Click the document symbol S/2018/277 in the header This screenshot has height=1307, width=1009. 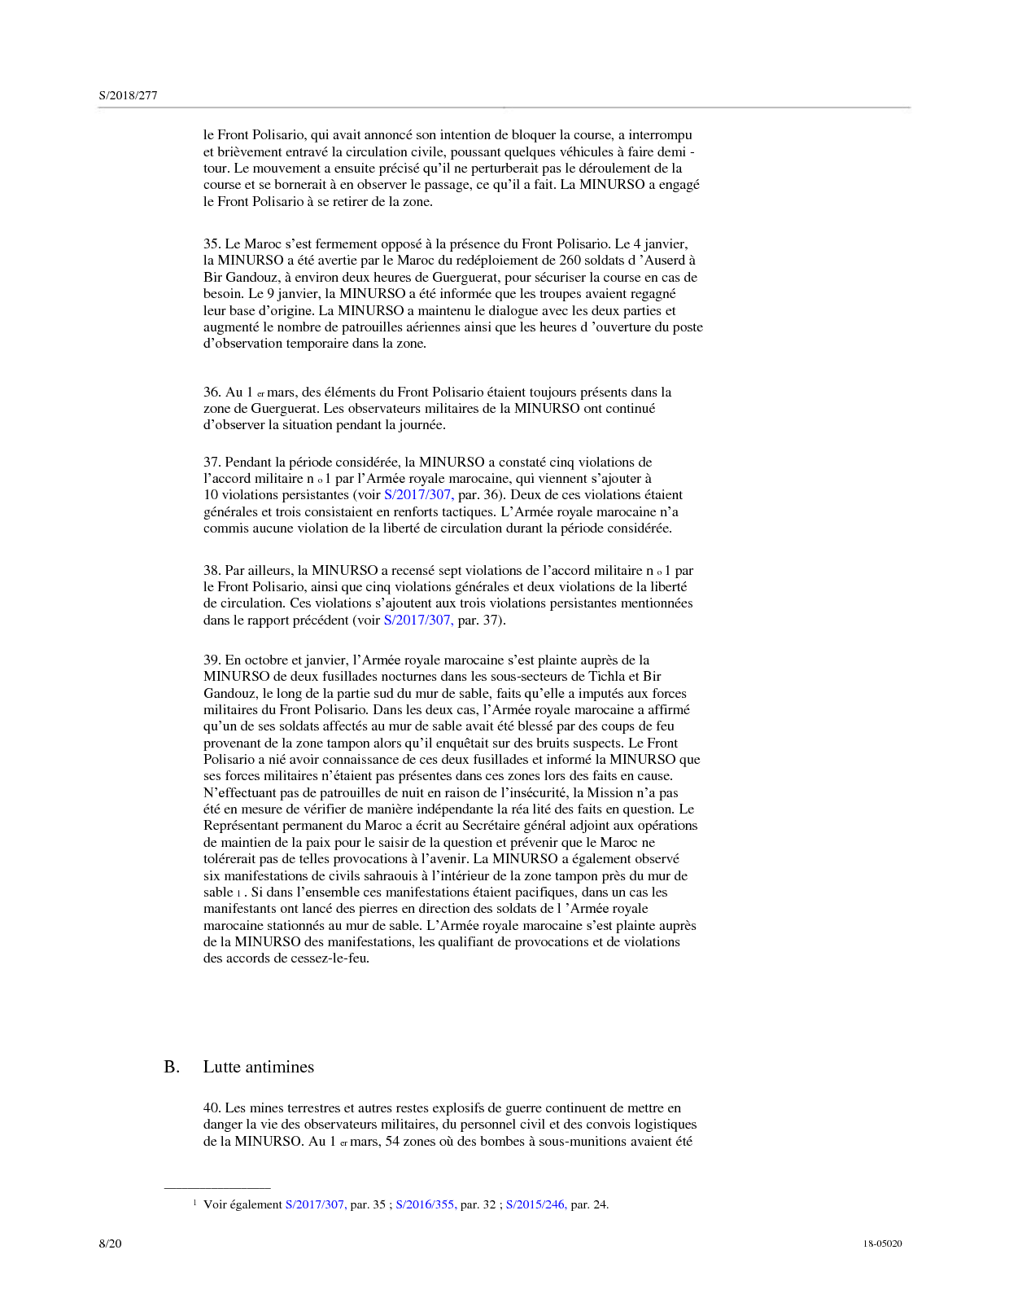tap(128, 95)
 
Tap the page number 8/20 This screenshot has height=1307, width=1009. tap(110, 1243)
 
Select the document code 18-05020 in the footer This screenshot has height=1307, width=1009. tap(882, 1243)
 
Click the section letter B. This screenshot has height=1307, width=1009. tap(172, 1067)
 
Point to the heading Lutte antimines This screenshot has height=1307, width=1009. tap(258, 1067)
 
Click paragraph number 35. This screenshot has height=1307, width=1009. tap(212, 243)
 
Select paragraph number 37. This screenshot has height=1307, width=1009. tap(212, 462)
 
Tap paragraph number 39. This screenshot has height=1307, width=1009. tap(212, 660)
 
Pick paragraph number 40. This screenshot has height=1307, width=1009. tap(212, 1107)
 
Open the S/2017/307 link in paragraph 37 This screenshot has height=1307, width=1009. tap(418, 495)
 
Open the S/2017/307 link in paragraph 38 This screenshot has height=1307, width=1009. tap(418, 620)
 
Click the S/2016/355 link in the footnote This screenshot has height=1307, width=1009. tap(425, 1204)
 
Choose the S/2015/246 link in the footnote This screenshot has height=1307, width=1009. tap(535, 1204)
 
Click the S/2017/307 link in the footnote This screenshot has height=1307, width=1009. tap(315, 1204)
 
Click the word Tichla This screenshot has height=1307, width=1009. tap(608, 676)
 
